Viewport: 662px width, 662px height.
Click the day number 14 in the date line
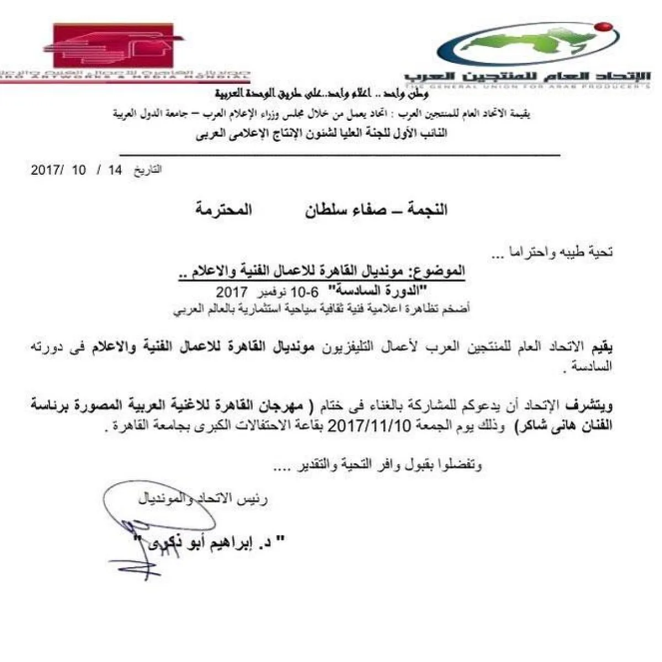pyautogui.click(x=115, y=170)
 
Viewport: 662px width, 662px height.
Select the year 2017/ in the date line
pyautogui.click(x=46, y=170)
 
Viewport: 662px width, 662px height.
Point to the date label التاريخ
pyautogui.click(x=148, y=170)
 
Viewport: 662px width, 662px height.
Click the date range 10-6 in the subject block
pyautogui.click(x=297, y=291)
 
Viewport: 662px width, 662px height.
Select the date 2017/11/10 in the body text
pyautogui.click(x=370, y=427)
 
